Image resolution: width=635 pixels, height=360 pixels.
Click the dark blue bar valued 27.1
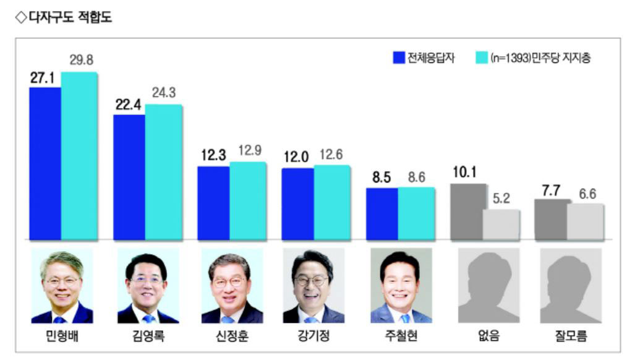(x=45, y=163)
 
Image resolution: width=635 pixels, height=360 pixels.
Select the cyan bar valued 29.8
(x=79, y=156)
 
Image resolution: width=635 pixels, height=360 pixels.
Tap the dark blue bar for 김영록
(x=129, y=177)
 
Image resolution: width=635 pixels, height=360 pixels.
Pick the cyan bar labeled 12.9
(x=247, y=201)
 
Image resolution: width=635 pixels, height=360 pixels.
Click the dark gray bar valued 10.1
(x=467, y=212)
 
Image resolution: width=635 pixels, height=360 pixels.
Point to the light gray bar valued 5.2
(x=501, y=225)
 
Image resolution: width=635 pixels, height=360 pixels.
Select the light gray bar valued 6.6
(x=585, y=221)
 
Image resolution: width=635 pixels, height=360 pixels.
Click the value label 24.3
(x=163, y=93)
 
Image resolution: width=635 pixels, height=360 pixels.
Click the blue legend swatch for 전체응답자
(x=399, y=59)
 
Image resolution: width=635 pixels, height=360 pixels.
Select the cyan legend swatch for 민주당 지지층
(x=482, y=59)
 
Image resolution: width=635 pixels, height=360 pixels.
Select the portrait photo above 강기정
(x=313, y=286)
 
